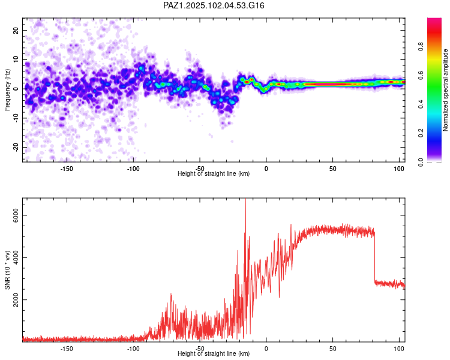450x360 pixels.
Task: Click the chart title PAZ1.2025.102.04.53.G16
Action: pos(214,5)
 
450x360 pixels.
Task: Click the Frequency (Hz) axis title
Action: pos(7,90)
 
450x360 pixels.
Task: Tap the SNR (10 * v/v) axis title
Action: pos(7,270)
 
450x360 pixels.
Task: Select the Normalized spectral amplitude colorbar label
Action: pos(445,90)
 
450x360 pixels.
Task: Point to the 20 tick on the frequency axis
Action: pos(16,30)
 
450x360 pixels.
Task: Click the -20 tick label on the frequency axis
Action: pos(16,147)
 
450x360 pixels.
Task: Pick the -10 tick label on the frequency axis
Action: pos(16,118)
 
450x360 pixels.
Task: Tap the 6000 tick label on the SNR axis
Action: pos(16,215)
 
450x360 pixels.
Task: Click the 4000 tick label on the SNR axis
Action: pos(16,257)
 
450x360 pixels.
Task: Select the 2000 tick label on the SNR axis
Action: pos(16,300)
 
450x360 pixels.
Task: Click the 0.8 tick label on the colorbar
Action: pos(421,47)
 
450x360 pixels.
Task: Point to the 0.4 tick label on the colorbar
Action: pos(421,104)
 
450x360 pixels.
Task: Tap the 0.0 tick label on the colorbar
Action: pos(421,162)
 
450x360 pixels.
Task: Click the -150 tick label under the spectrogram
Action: pos(67,169)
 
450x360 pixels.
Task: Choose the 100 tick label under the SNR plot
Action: pos(399,349)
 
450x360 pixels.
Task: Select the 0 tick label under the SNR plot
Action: pos(266,349)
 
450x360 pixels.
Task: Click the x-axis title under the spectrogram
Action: pos(214,173)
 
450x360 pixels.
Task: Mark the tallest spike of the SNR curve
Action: pos(245,199)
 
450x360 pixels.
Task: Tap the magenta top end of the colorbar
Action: pos(434,20)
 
